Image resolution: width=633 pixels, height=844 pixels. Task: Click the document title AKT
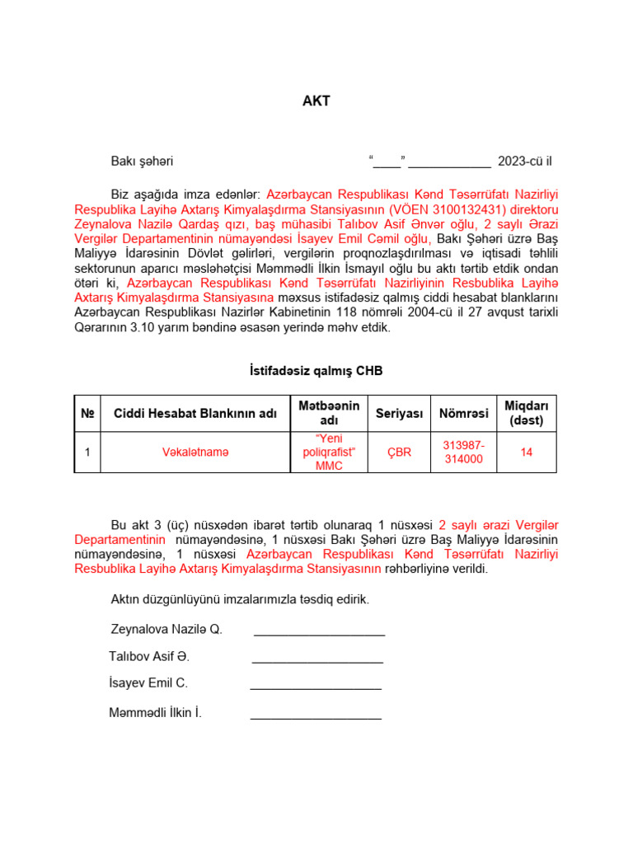[x=316, y=102]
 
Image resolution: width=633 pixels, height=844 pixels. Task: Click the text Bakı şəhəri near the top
[x=142, y=162]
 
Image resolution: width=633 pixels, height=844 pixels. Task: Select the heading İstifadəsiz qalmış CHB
[x=316, y=372]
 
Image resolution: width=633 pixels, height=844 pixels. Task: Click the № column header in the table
[x=87, y=413]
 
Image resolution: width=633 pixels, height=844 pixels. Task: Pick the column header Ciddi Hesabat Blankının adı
[x=195, y=413]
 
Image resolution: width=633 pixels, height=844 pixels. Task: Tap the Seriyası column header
[x=399, y=413]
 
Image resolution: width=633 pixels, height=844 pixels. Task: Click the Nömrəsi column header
[x=463, y=413]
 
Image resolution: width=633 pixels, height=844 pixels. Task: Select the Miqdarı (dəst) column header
[x=527, y=413]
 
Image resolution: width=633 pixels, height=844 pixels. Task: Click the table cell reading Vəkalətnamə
[x=195, y=452]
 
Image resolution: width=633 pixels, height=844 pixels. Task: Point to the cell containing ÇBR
[x=399, y=452]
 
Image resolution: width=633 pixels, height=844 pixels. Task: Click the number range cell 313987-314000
[x=463, y=452]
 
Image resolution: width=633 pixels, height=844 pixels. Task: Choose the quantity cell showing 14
[x=527, y=452]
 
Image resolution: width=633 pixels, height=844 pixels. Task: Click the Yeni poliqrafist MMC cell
[x=329, y=452]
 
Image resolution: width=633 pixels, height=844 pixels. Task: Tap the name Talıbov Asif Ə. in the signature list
[x=149, y=657]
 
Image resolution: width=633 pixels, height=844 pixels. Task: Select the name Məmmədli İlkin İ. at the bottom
[x=155, y=713]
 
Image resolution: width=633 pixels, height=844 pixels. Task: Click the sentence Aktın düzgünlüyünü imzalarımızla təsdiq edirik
[x=240, y=599]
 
